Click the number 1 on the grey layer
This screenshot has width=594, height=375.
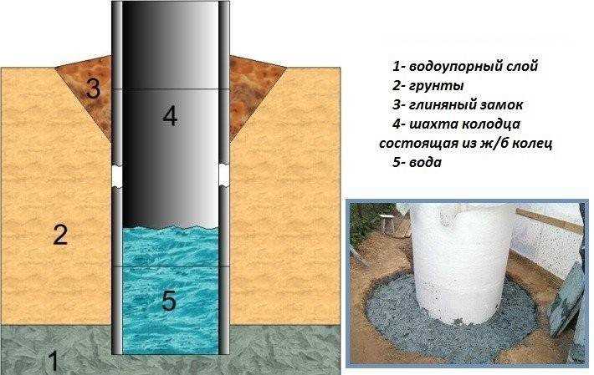[53, 361]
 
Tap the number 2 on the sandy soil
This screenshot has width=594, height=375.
[60, 235]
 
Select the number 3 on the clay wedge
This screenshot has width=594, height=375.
[93, 89]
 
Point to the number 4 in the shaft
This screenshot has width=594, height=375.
[170, 116]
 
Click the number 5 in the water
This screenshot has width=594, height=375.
[169, 301]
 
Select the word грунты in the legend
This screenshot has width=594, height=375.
[437, 86]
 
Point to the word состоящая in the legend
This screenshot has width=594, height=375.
[413, 144]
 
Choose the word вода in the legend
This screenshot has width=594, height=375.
[426, 163]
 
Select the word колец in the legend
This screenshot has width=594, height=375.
[529, 144]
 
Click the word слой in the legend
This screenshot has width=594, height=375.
[523, 66]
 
